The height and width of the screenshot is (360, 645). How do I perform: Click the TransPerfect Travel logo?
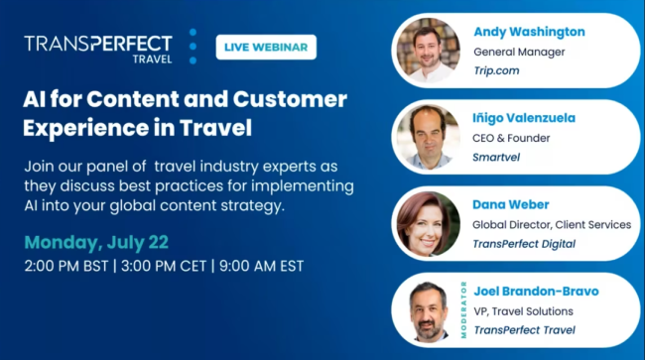click(x=98, y=48)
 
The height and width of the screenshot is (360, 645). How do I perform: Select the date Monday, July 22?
click(x=95, y=243)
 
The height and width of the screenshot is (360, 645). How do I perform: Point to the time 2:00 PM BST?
click(x=64, y=267)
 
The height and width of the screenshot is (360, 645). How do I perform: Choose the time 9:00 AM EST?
click(x=263, y=267)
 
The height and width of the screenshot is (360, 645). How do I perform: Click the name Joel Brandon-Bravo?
click(x=537, y=291)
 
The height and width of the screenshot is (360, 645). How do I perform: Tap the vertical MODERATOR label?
click(x=463, y=309)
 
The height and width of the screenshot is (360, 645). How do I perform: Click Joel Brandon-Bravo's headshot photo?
click(x=428, y=309)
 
